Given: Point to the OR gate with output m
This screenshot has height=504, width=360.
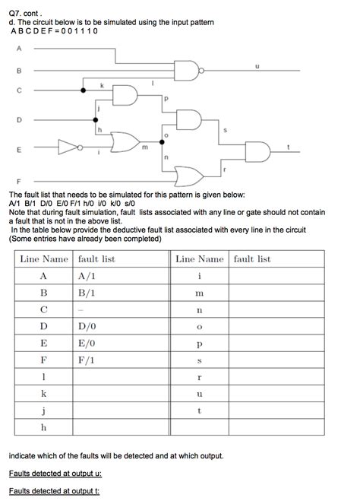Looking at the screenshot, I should (x=122, y=141).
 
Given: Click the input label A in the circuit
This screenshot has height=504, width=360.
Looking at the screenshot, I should (x=18, y=49).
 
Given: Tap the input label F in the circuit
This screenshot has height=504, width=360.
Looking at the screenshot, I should (x=18, y=182).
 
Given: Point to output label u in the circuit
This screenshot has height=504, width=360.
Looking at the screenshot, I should (x=257, y=65).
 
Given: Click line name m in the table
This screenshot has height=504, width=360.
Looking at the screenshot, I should (x=200, y=293).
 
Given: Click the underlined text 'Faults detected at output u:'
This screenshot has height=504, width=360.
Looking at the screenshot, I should (x=55, y=474).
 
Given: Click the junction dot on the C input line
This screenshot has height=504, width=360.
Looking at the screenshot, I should (x=83, y=90).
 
